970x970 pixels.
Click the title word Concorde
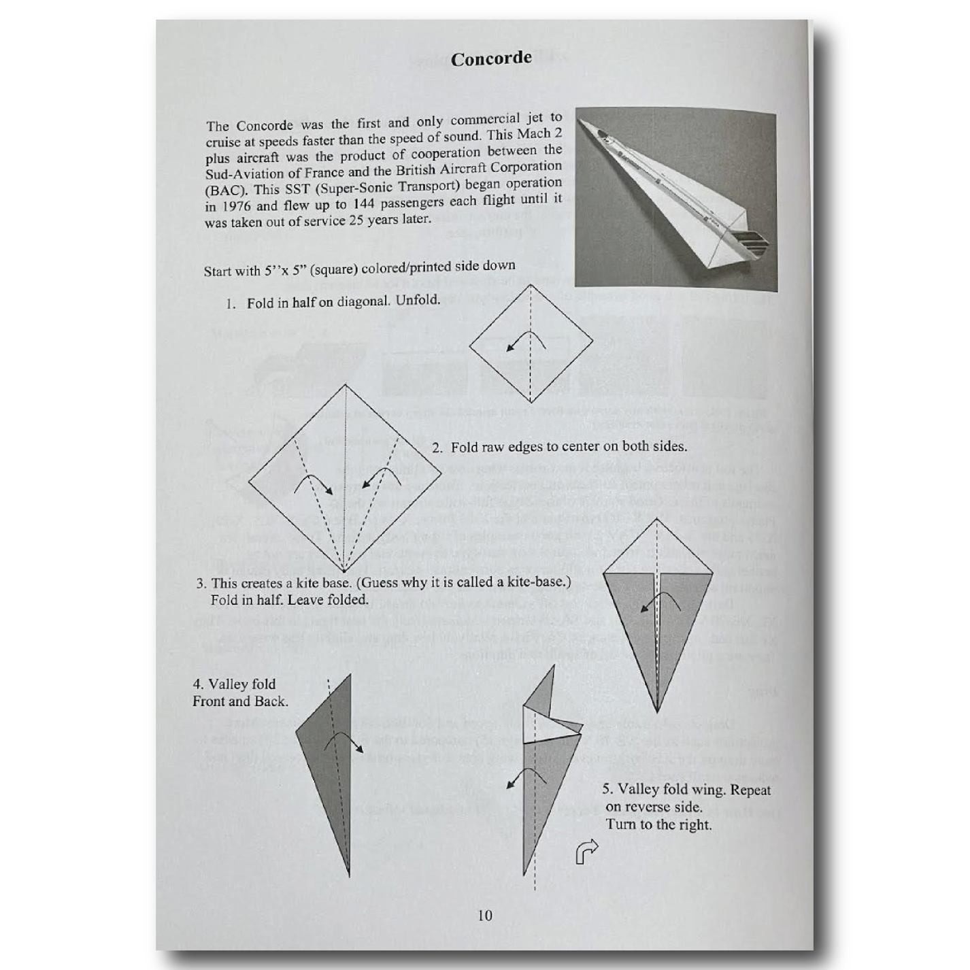tap(491, 59)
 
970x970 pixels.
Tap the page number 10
tap(484, 916)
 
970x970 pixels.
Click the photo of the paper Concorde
tap(675, 199)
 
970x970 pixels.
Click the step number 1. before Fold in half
tap(231, 304)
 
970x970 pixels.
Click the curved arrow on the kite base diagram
tap(661, 601)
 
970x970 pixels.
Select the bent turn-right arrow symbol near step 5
tap(587, 851)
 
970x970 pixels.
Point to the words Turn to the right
tap(658, 824)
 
